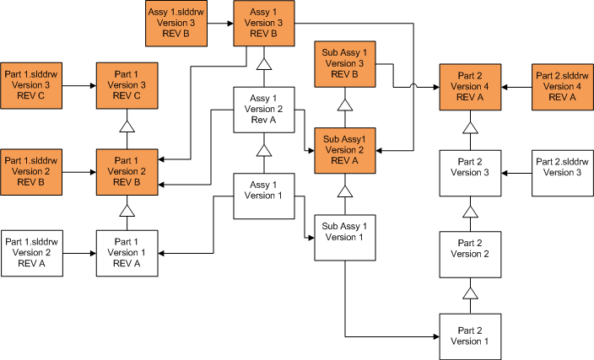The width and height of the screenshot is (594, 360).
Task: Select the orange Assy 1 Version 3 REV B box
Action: (264, 24)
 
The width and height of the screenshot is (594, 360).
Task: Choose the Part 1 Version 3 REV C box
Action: (127, 85)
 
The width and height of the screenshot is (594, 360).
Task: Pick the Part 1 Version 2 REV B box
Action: (127, 170)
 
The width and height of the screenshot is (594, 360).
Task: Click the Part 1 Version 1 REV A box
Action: (127, 251)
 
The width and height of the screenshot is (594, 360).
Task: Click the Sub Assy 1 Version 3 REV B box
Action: (344, 63)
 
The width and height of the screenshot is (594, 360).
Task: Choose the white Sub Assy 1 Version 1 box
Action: (344, 237)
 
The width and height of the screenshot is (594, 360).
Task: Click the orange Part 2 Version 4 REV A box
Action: (469, 86)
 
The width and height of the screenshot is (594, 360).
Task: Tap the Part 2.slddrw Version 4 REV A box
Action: (563, 86)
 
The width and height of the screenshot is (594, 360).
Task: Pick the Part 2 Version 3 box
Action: (469, 172)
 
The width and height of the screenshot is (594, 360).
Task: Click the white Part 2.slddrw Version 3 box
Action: (563, 172)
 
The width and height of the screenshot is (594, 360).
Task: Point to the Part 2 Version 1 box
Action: (469, 336)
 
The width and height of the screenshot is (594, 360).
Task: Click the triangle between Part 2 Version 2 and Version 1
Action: (469, 293)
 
